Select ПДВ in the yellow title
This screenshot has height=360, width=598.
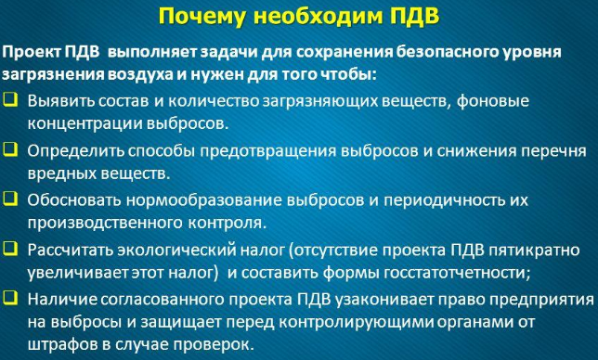point(416,16)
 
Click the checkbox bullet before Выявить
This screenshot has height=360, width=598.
point(10,100)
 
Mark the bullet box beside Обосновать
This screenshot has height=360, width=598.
point(10,199)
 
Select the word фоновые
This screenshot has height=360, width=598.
point(492,101)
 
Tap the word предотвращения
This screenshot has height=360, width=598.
point(268,151)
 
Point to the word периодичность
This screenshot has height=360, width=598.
point(438,200)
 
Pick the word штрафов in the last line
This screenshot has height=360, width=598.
point(62,345)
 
